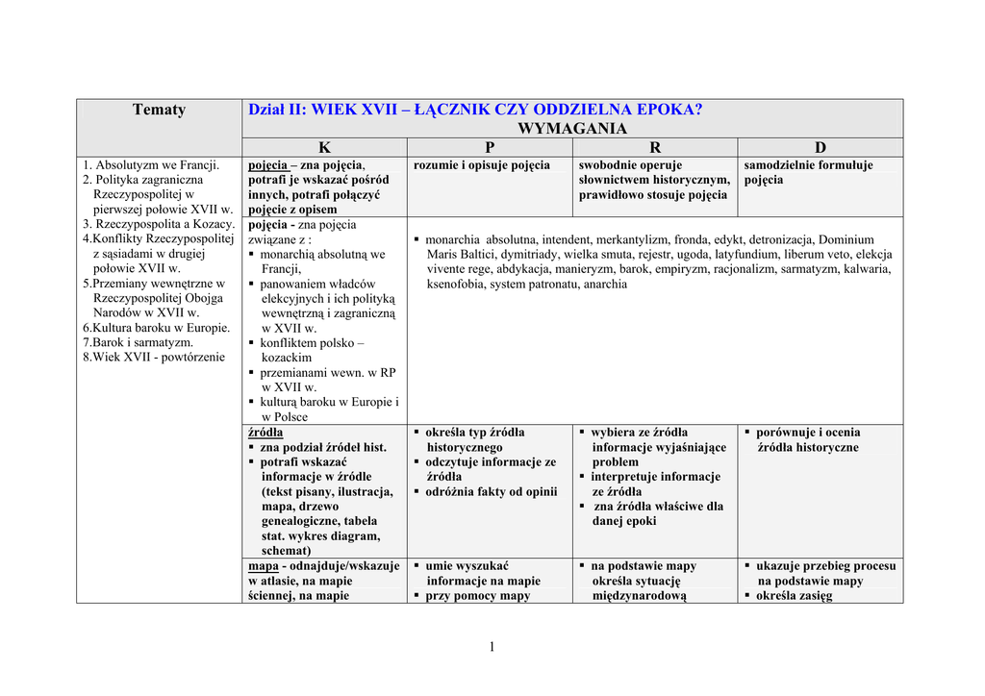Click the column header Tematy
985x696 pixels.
click(159, 110)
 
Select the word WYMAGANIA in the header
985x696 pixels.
click(571, 129)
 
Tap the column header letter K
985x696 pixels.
click(324, 147)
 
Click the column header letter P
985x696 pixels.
click(490, 147)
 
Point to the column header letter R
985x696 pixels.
click(655, 147)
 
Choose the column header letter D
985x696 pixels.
click(820, 147)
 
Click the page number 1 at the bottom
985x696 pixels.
click(492, 646)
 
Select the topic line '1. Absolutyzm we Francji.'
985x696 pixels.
click(151, 165)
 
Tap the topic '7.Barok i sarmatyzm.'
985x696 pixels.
click(138, 342)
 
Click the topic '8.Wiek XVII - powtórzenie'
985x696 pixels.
click(153, 357)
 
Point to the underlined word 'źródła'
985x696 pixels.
click(265, 433)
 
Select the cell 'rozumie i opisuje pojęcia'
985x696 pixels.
click(482, 165)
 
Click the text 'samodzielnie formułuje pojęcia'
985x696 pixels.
click(808, 172)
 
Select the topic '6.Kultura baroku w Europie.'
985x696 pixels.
click(156, 328)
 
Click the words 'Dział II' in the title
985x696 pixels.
click(274, 110)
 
